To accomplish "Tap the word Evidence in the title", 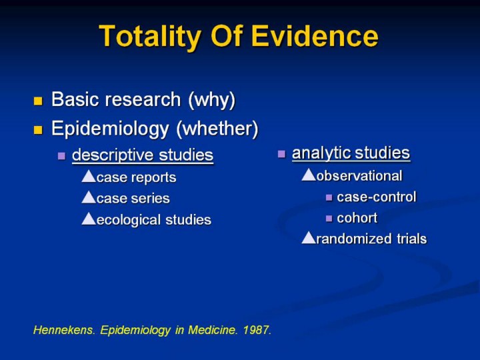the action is tap(315, 36).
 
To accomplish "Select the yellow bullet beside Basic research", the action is tap(38, 101).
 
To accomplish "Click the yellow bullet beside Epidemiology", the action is tap(38, 130).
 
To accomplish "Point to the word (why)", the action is tap(212, 100).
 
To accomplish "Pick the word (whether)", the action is tap(217, 129).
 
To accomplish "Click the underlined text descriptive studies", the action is tap(143, 155).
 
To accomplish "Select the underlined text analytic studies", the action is tap(351, 153).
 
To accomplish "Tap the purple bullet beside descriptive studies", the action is tap(61, 156).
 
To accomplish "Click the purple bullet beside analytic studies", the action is tap(281, 154).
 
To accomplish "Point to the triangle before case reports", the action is tap(89, 176).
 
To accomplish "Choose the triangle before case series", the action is tap(89, 197).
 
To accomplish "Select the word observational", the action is tap(359, 176).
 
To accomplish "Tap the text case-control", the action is tap(377, 197).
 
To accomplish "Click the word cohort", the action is tap(357, 218).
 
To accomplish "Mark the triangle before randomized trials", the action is tap(309, 237).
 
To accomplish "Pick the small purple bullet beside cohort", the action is tap(329, 219).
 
